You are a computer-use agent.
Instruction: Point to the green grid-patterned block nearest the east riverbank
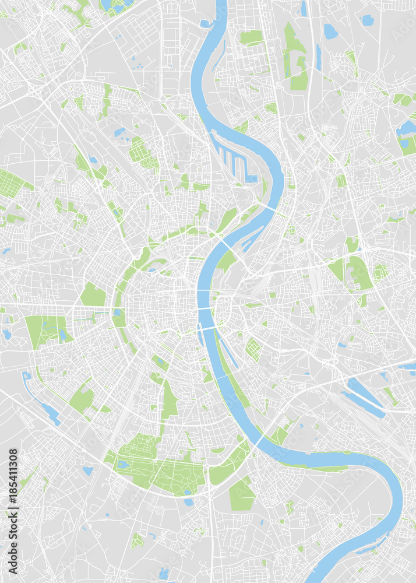click(253, 349)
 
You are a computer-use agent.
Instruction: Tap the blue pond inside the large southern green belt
click(123, 465)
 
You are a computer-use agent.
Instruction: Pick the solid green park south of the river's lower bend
click(241, 495)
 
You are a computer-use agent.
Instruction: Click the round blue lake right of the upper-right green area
click(330, 31)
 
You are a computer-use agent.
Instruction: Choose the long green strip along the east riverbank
click(232, 373)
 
